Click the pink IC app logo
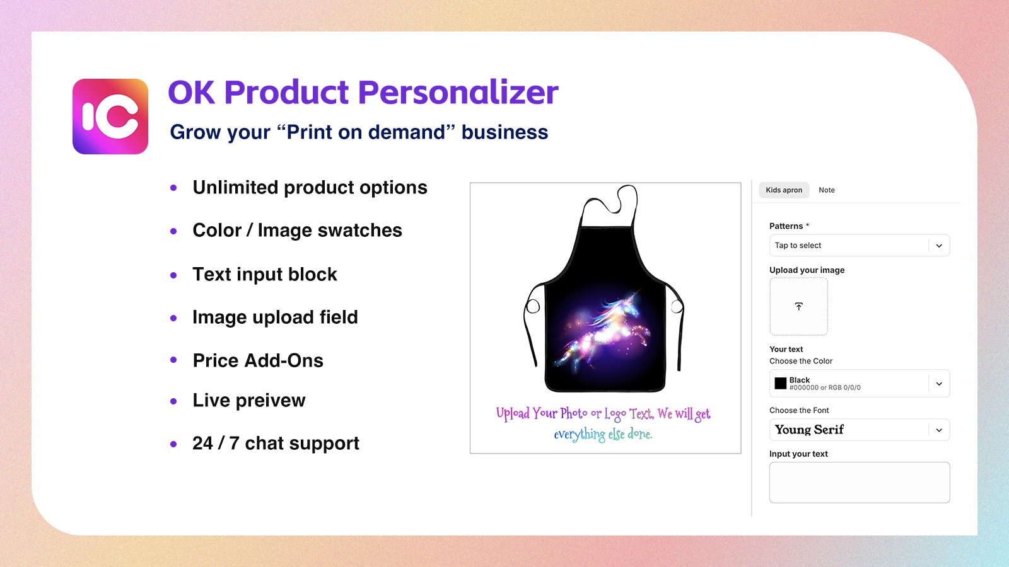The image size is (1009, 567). click(x=110, y=117)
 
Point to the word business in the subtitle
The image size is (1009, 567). click(x=504, y=132)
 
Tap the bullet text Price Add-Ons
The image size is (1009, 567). click(x=258, y=360)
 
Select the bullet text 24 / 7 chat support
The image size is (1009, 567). click(x=276, y=444)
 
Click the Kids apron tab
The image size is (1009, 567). click(x=784, y=190)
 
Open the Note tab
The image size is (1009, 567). click(x=826, y=190)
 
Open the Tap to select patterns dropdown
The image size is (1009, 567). click(x=859, y=246)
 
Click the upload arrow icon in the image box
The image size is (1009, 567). click(x=798, y=306)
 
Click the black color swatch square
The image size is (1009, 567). click(x=781, y=383)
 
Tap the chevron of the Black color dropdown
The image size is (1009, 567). click(x=938, y=384)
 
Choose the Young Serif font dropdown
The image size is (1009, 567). click(x=859, y=430)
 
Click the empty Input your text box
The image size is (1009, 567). click(x=859, y=483)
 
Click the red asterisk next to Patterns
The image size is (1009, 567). click(x=807, y=225)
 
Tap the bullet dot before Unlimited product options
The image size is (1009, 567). click(x=173, y=188)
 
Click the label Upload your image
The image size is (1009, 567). click(x=807, y=270)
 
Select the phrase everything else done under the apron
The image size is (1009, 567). click(x=603, y=434)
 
